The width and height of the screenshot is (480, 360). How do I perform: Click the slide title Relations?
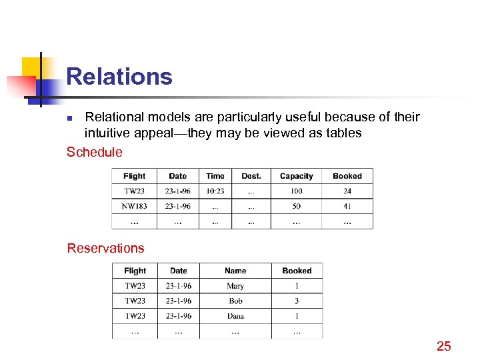119,77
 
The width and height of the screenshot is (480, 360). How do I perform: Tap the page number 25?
443,345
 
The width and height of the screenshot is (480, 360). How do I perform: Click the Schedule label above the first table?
95,152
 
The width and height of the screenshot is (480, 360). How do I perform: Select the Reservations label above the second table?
105,248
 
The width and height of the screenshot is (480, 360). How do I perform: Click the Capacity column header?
296,176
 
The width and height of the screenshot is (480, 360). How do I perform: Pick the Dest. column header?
251,176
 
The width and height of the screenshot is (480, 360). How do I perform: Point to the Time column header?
215,176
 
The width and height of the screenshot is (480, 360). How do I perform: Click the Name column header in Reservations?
235,271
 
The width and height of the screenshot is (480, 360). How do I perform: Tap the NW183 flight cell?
135,206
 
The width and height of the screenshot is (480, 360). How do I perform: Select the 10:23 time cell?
215,191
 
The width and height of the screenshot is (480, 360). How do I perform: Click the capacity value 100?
296,191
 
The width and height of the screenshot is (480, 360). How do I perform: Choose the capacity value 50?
296,206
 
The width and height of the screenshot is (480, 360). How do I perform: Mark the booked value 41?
347,206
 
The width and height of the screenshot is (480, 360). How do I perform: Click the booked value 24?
347,191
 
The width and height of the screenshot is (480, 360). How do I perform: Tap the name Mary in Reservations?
235,286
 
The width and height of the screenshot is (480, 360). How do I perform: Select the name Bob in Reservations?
235,301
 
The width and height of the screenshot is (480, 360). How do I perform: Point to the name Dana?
235,316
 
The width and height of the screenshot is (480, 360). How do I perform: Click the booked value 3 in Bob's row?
297,301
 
